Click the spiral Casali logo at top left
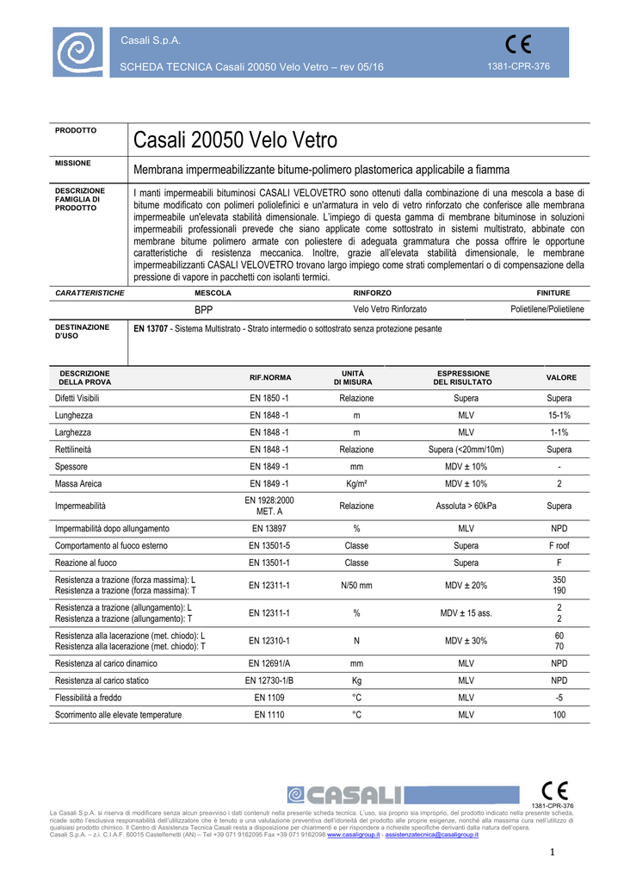coord(79,53)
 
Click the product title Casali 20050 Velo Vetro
coord(236,140)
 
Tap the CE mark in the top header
coord(519,44)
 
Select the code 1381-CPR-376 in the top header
coord(519,67)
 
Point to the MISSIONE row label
coord(73,163)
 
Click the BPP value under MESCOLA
coord(203,308)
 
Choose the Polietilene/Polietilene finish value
coord(547,308)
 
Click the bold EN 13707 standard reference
coord(151,329)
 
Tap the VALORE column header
coord(561,378)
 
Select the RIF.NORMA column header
coord(270,378)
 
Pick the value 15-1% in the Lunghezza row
coord(559,415)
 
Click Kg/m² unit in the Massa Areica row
coord(356,484)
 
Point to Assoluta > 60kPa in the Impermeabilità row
coord(466,506)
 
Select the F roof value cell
coord(559,545)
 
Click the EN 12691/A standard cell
coord(270,663)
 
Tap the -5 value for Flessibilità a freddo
coord(559,698)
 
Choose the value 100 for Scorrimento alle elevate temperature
coord(559,715)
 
